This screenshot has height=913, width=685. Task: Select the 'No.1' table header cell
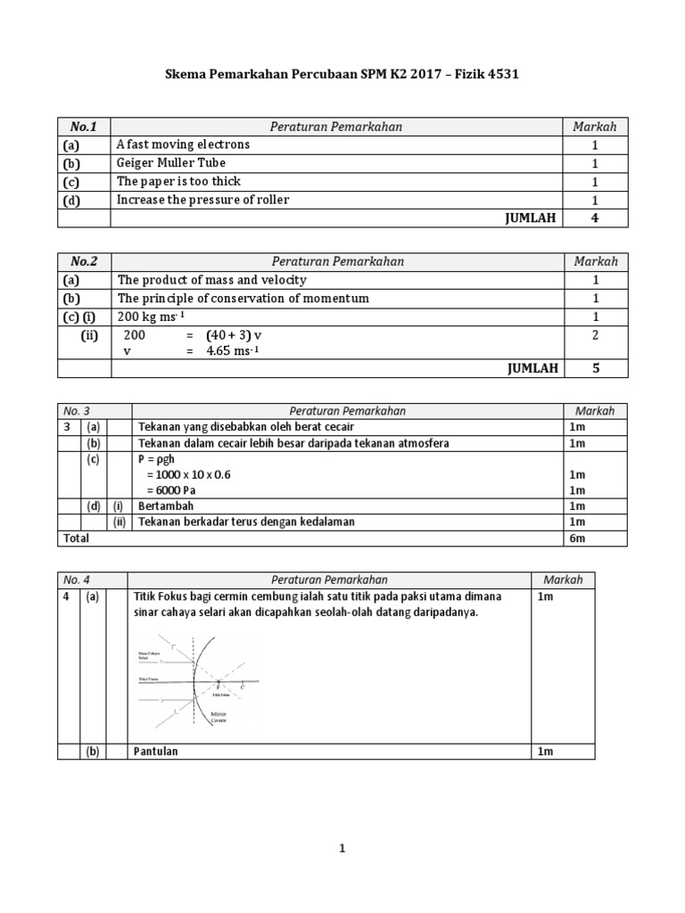click(x=84, y=127)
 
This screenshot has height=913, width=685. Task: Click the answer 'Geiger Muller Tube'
click(x=170, y=163)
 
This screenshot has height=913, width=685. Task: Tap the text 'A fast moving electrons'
click(x=183, y=144)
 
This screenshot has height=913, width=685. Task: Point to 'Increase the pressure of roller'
click(x=202, y=200)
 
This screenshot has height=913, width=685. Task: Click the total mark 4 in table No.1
click(x=595, y=218)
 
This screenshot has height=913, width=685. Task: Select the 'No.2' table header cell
click(x=84, y=261)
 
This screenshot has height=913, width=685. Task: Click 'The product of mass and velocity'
click(x=211, y=280)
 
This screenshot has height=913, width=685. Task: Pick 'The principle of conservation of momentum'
click(x=243, y=299)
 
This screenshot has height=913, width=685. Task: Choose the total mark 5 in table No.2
click(x=595, y=368)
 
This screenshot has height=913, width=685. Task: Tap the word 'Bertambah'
click(x=165, y=506)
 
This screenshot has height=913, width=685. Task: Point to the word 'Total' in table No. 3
click(x=76, y=538)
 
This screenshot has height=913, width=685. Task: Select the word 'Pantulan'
click(x=156, y=751)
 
